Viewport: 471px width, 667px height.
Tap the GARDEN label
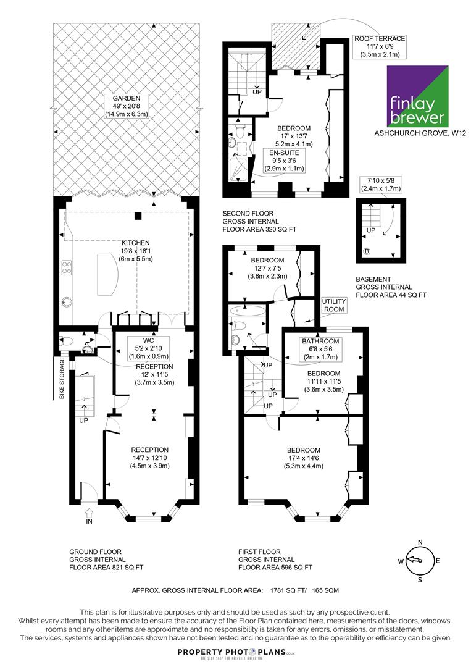(127, 98)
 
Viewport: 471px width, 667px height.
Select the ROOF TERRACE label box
(380, 46)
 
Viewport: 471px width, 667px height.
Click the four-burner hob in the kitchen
(67, 267)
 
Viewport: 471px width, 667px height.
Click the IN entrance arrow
(90, 514)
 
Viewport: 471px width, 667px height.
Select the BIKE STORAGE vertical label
(62, 378)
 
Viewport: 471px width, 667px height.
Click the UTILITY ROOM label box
(334, 306)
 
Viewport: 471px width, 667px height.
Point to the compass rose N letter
(420, 542)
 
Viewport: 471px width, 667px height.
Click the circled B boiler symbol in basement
(367, 251)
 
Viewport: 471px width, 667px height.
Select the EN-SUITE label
(285, 153)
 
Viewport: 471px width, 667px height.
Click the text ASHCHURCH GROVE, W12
(420, 133)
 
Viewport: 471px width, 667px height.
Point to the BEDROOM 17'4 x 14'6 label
(304, 458)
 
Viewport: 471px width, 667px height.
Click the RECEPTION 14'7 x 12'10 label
(149, 458)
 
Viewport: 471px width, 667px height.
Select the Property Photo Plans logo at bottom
(236, 653)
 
